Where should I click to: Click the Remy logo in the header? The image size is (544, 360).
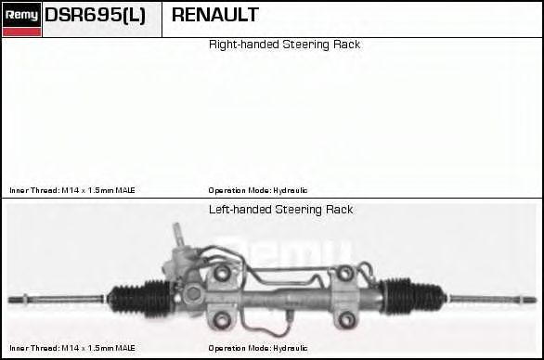coord(22,19)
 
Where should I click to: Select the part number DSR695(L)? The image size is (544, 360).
coord(95,15)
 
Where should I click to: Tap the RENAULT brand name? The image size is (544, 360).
coord(215,15)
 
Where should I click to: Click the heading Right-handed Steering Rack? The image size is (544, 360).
coord(284,45)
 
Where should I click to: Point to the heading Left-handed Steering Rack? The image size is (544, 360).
coord(280,210)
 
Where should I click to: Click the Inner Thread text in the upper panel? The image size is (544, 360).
coord(72,190)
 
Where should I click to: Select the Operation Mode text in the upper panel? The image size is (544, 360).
coord(258,190)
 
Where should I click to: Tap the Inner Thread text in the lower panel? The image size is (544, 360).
coord(72,348)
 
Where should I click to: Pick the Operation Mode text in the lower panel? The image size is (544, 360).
coord(258,348)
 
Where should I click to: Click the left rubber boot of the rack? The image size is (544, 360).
coord(140,299)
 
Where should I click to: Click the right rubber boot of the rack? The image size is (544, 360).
coord(411,297)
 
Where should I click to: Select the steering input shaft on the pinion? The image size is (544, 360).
coord(178,235)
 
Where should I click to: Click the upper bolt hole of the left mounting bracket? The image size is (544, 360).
coord(221,273)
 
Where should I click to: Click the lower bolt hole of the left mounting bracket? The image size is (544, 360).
coord(221,319)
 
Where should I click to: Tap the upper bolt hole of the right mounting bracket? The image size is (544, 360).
coord(345,273)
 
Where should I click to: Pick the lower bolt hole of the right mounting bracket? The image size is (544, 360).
coord(346,319)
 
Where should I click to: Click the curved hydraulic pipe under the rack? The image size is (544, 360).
coord(264,328)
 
